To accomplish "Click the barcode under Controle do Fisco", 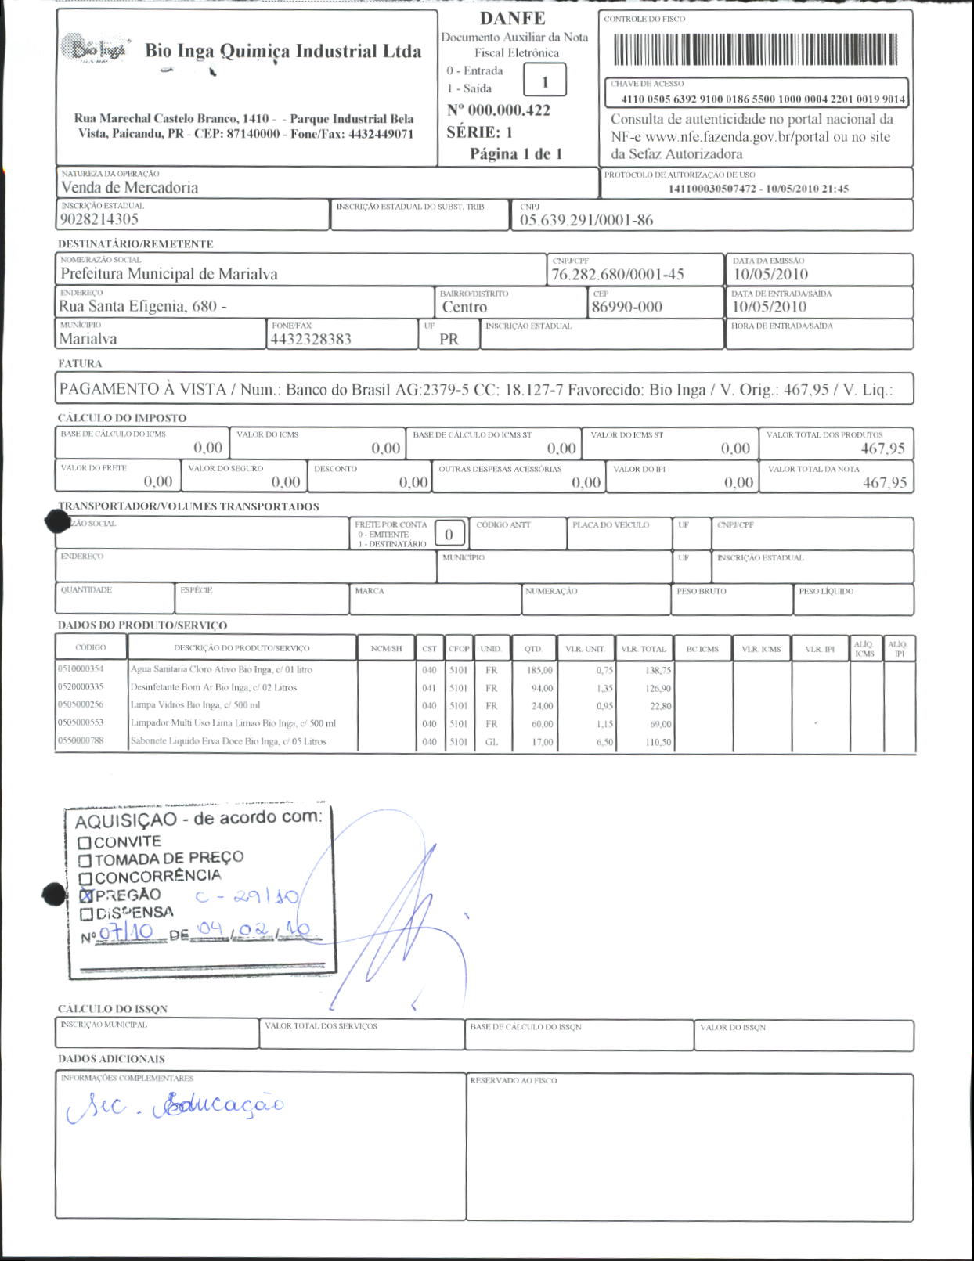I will point(756,50).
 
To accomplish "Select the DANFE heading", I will point(512,18).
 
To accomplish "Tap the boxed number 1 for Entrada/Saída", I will point(544,81).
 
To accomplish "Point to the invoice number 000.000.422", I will point(499,110).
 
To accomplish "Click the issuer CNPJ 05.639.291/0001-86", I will point(586,220).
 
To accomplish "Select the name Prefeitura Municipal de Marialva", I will point(169,274).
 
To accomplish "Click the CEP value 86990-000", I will point(626,306).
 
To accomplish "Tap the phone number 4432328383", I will point(311,339).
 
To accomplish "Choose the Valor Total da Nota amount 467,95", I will point(885,482).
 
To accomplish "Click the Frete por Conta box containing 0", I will point(449,534).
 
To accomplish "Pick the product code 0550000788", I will point(81,740).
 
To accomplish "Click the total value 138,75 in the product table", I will point(658,670).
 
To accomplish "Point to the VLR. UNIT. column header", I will point(585,649).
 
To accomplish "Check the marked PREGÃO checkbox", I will point(86,895).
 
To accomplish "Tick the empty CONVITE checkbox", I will point(85,843).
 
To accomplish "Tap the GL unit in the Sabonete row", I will point(491,741).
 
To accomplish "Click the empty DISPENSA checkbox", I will point(87,913).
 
